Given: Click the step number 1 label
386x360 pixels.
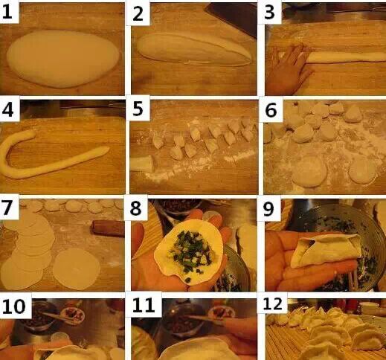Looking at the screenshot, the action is click(7, 12).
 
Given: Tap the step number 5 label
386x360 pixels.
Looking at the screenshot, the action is click(138, 109).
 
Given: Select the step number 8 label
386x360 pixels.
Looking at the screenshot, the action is click(135, 208).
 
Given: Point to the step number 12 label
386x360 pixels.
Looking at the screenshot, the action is click(273, 303).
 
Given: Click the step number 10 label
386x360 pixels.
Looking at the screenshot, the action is click(14, 306).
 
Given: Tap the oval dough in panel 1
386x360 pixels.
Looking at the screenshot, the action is click(63, 59).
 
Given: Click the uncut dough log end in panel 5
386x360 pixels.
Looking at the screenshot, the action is click(142, 164).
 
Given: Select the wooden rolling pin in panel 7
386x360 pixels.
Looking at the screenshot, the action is click(108, 228).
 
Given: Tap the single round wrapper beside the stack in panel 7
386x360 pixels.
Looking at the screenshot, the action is click(77, 269).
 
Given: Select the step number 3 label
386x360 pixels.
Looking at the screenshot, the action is click(269, 12).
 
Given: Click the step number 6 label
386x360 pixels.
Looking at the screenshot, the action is click(271, 110).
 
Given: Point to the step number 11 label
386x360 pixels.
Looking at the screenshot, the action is click(144, 306).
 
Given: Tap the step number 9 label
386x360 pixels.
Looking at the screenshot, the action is click(268, 209).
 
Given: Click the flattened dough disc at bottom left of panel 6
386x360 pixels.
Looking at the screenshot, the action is click(310, 172).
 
